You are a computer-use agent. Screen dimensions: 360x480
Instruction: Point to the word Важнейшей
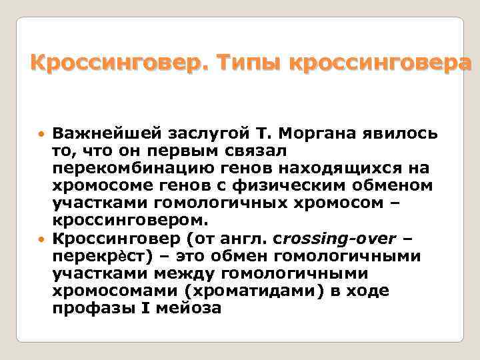(99, 133)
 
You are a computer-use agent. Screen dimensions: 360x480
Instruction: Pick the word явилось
(399, 133)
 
